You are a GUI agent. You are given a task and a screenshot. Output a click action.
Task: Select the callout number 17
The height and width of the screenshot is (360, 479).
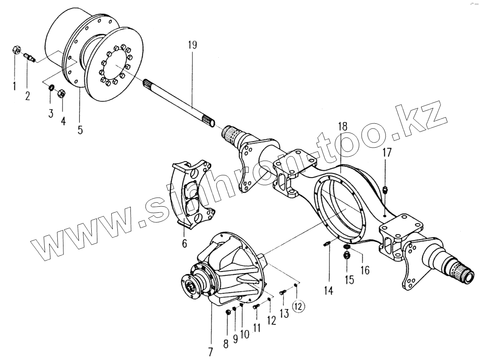(x=387, y=153)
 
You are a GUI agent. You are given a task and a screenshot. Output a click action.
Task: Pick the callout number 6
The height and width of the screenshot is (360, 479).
(x=184, y=244)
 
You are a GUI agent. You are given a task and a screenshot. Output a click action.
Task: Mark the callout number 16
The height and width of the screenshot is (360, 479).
(x=365, y=270)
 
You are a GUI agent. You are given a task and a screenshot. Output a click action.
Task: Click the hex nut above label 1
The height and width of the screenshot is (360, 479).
(x=15, y=50)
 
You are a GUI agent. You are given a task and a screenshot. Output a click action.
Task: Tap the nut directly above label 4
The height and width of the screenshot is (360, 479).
(x=62, y=93)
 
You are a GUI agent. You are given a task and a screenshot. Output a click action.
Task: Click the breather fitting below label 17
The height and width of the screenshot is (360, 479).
(x=386, y=189)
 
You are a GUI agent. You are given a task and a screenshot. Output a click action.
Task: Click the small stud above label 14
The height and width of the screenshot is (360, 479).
(x=327, y=244)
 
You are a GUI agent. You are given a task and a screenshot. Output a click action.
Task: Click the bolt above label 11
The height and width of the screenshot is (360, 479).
(x=256, y=307)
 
